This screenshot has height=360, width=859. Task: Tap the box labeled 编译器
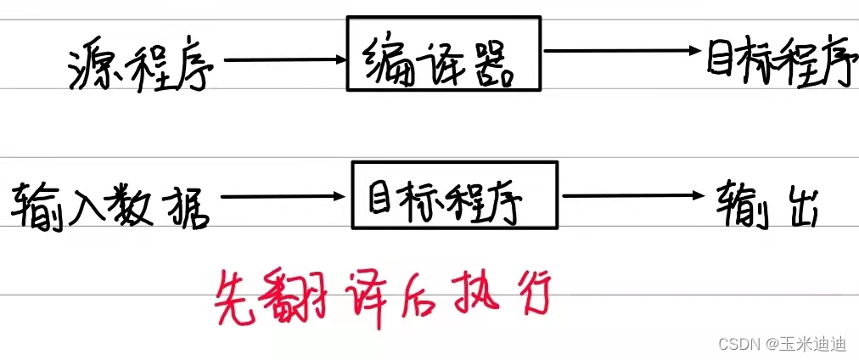tap(444, 53)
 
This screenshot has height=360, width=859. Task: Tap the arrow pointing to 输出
tap(633, 196)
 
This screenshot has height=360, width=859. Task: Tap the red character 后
tap(422, 293)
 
